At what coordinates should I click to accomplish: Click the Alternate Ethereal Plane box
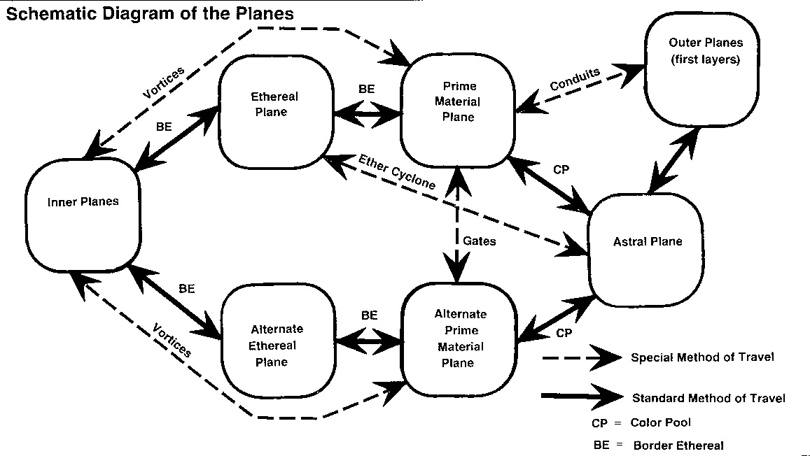[276, 345]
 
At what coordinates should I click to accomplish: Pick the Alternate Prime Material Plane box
[460, 339]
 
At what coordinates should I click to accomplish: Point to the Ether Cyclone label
[396, 172]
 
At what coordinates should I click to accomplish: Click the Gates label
[479, 241]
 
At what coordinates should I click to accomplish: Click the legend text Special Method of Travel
[702, 357]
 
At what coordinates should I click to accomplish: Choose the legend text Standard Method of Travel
[708, 398]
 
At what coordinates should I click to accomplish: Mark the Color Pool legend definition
[659, 422]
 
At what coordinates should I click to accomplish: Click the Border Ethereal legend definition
[678, 445]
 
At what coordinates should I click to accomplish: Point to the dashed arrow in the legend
[581, 358]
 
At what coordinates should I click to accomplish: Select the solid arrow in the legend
[581, 397]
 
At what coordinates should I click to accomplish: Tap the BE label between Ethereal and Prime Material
[367, 89]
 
